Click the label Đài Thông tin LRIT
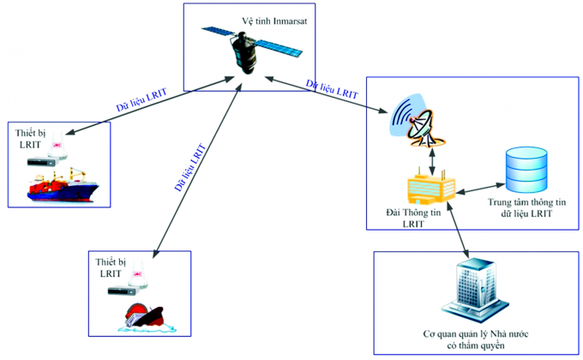tap(415, 217)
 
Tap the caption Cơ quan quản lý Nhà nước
tap(470, 334)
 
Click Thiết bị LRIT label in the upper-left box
tap(33, 139)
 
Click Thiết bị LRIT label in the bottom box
tap(110, 266)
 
